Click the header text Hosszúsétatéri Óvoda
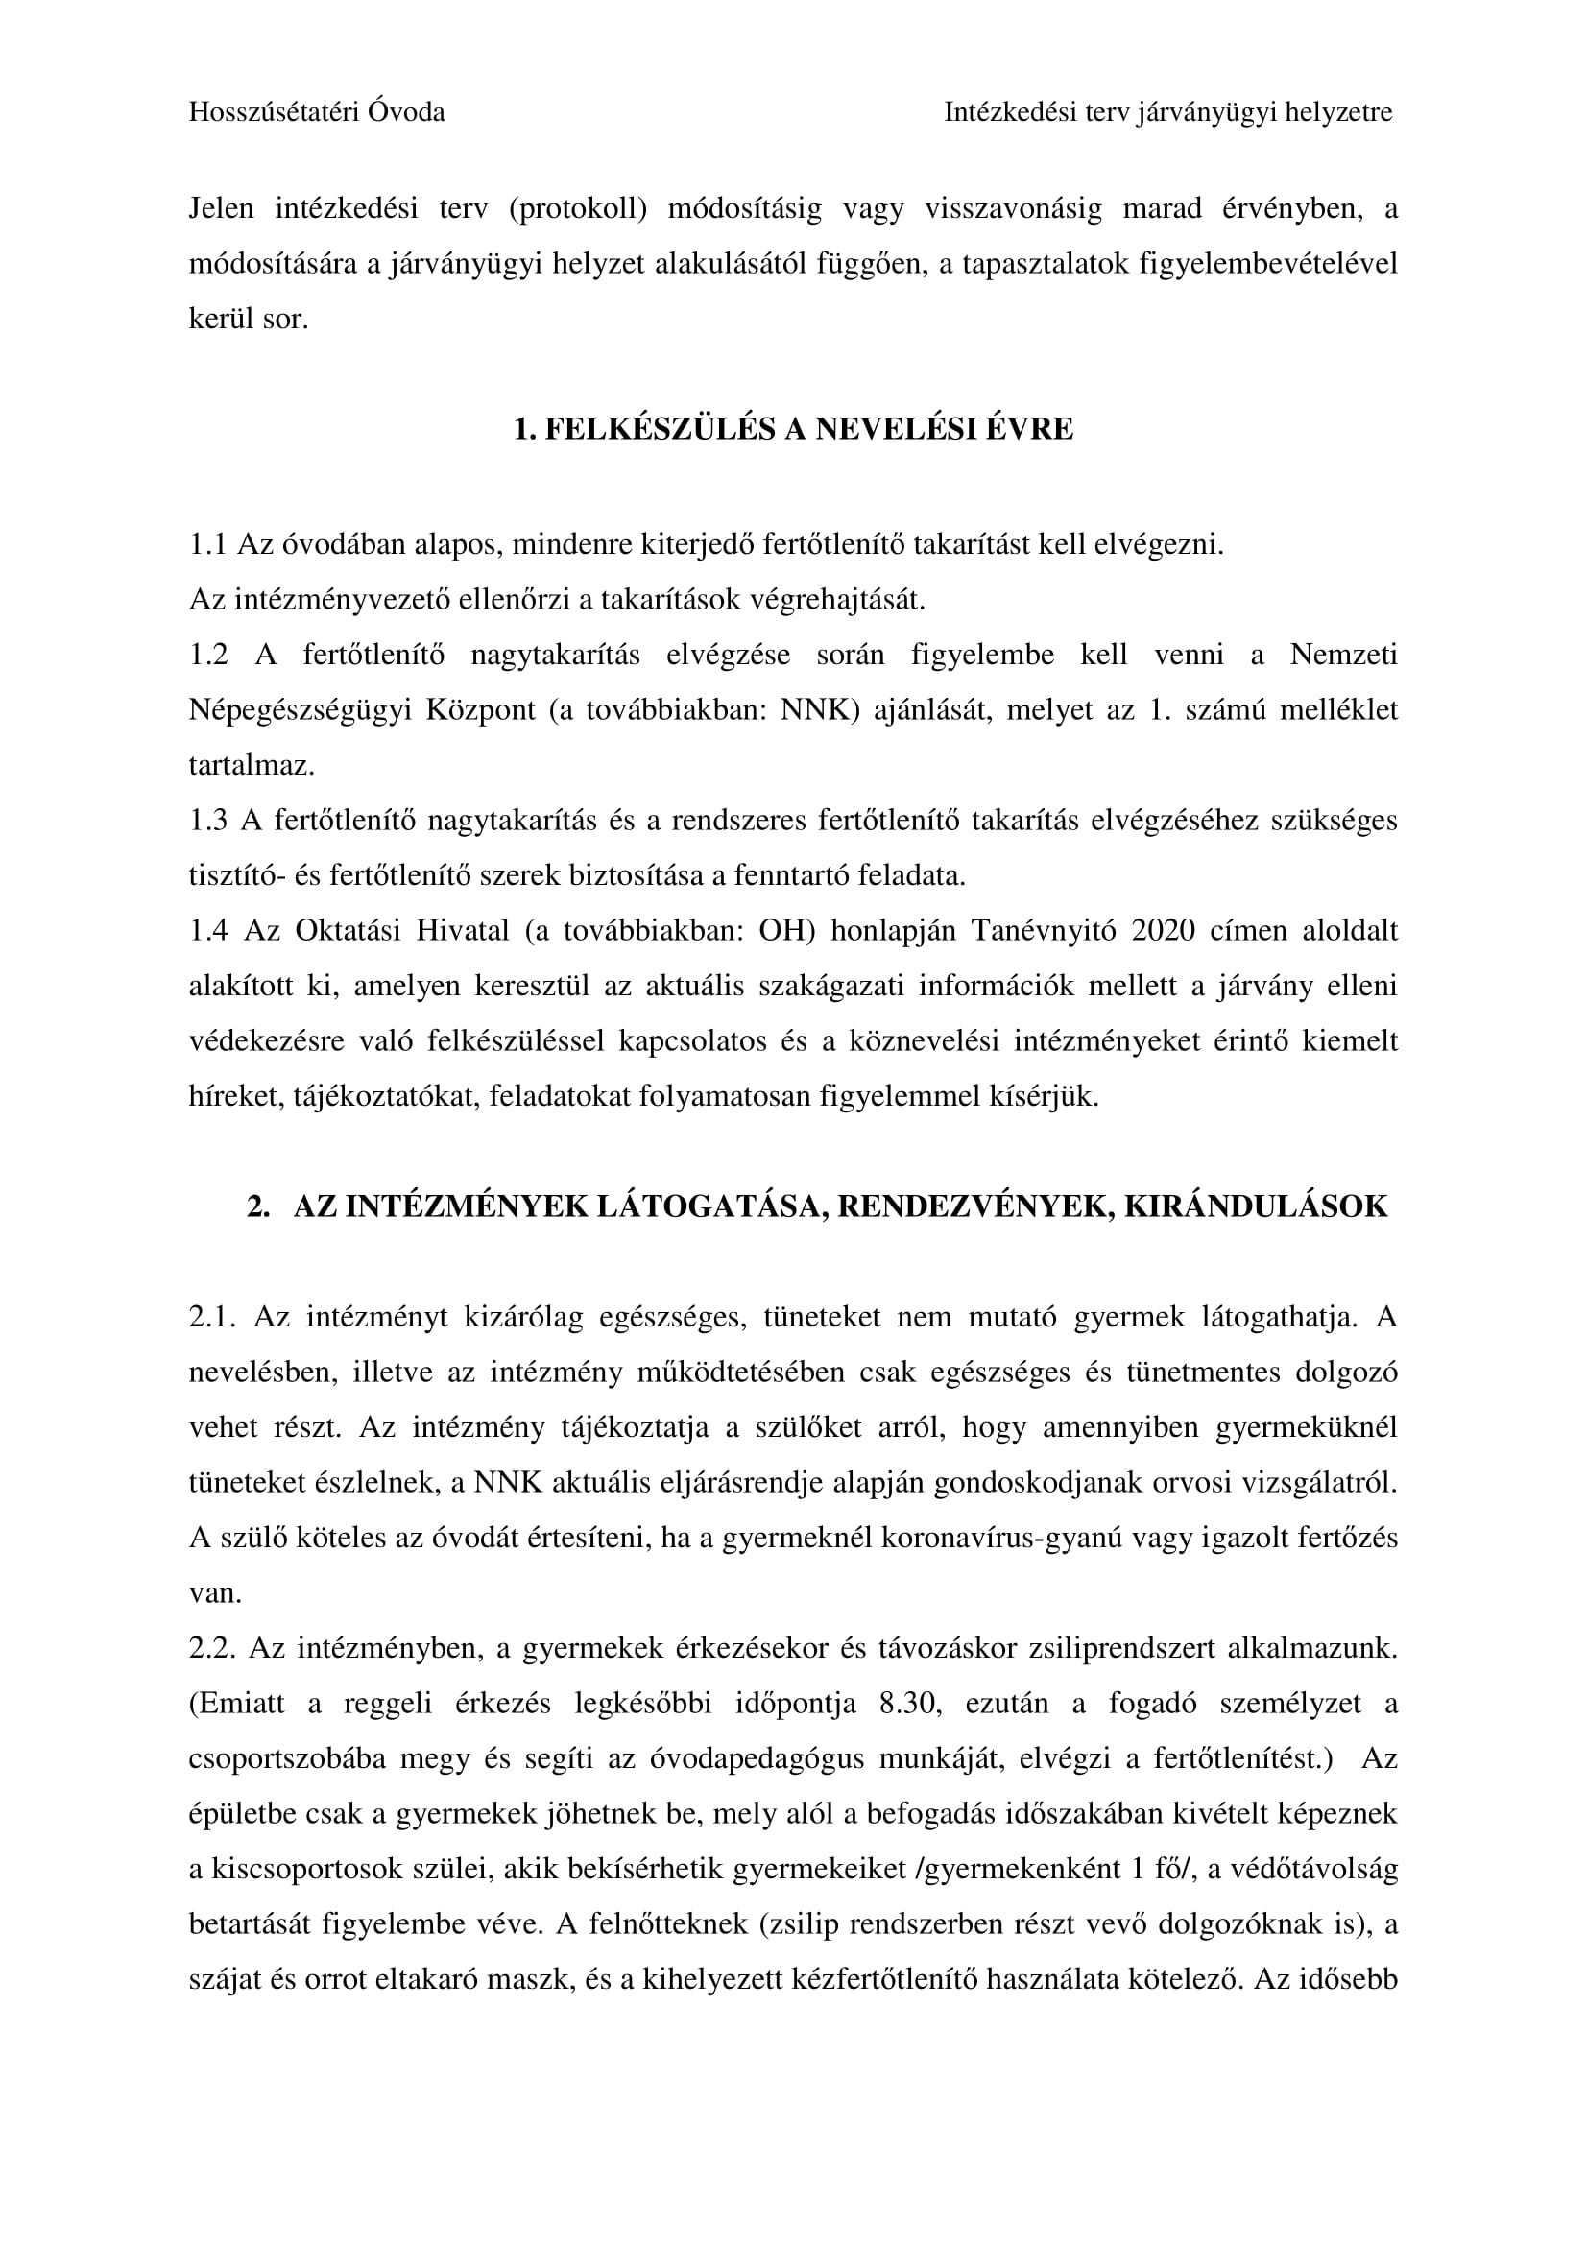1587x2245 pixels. coord(316,112)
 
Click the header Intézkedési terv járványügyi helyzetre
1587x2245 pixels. coord(1167,112)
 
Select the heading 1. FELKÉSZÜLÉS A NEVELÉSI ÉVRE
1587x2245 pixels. coord(793,428)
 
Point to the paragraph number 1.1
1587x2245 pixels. coord(207,544)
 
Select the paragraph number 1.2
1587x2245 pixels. coord(207,655)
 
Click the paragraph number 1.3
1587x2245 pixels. coord(207,821)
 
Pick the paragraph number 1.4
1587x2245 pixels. coord(207,930)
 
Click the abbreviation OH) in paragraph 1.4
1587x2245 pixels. coord(786,930)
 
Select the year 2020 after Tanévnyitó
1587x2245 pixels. coord(1163,930)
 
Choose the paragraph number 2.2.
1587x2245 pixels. coord(209,1649)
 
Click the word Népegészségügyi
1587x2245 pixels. coord(300,710)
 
